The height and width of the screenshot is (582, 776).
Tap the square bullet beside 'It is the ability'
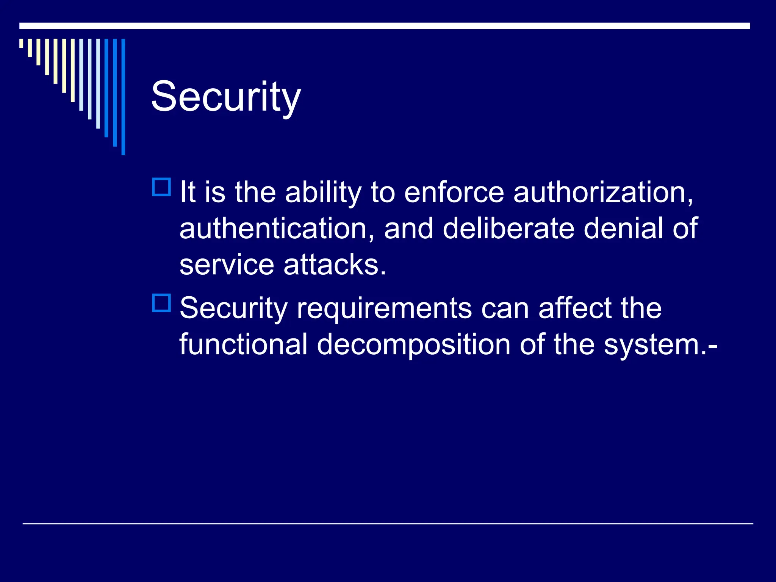coord(161,187)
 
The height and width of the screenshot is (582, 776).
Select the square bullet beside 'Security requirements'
coord(161,303)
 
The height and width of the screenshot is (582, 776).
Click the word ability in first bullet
coord(323,193)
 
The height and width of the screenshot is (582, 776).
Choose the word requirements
coord(384,308)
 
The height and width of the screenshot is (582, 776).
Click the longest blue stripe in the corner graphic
coord(123,97)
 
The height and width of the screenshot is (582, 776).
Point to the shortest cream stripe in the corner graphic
coord(21,43)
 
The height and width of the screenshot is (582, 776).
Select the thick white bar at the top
coord(384,26)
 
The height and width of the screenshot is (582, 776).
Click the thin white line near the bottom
coord(387,524)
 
